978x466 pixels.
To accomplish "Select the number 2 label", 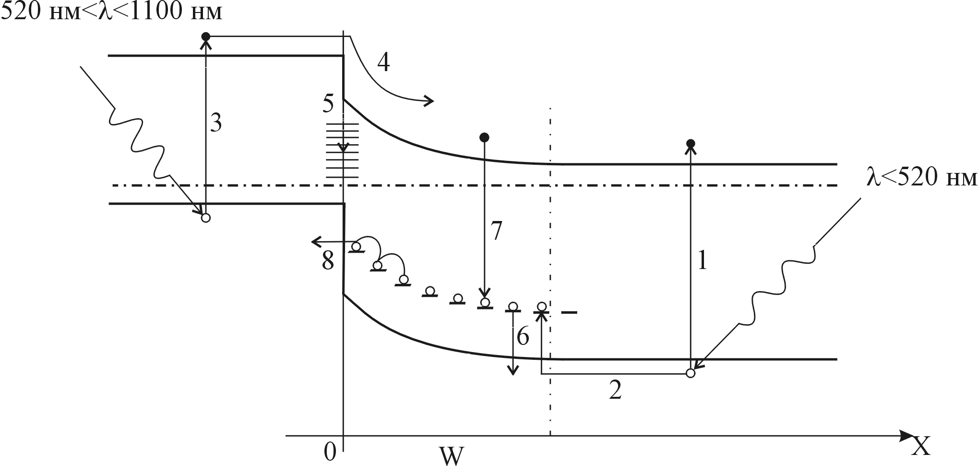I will point(615,391).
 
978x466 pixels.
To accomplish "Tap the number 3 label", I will point(216,124).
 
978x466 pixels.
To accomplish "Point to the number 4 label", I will point(383,62).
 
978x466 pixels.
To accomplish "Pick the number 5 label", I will point(328,105).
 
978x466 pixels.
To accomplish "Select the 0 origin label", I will point(330,452).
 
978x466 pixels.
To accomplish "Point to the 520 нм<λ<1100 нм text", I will point(111,12).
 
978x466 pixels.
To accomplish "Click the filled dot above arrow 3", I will point(205,37).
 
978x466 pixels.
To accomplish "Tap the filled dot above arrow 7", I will point(484,138).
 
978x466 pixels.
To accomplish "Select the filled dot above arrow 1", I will point(691,144).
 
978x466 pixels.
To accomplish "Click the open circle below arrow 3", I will point(205,218).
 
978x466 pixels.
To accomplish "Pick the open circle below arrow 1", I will point(691,373).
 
